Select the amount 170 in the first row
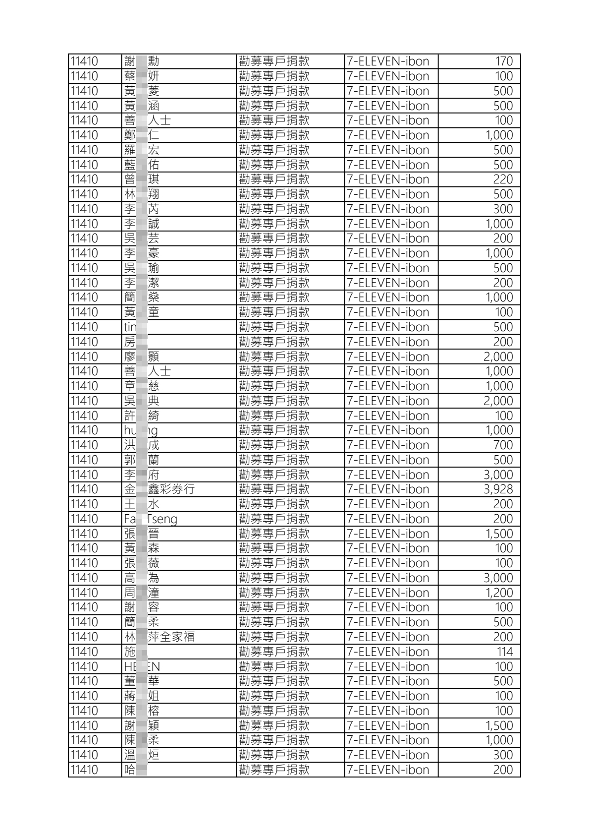click(504, 61)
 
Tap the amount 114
click(505, 652)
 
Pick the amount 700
click(503, 445)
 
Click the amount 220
click(503, 179)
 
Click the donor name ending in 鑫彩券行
click(159, 489)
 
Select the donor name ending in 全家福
click(159, 637)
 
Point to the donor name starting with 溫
click(142, 755)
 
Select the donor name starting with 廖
click(142, 357)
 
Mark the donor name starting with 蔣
click(142, 696)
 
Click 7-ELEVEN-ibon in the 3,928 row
click(387, 489)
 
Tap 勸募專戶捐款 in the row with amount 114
click(274, 652)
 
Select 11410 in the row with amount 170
click(84, 61)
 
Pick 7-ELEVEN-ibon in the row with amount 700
click(387, 445)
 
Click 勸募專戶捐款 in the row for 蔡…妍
click(274, 76)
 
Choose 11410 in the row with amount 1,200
click(84, 593)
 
